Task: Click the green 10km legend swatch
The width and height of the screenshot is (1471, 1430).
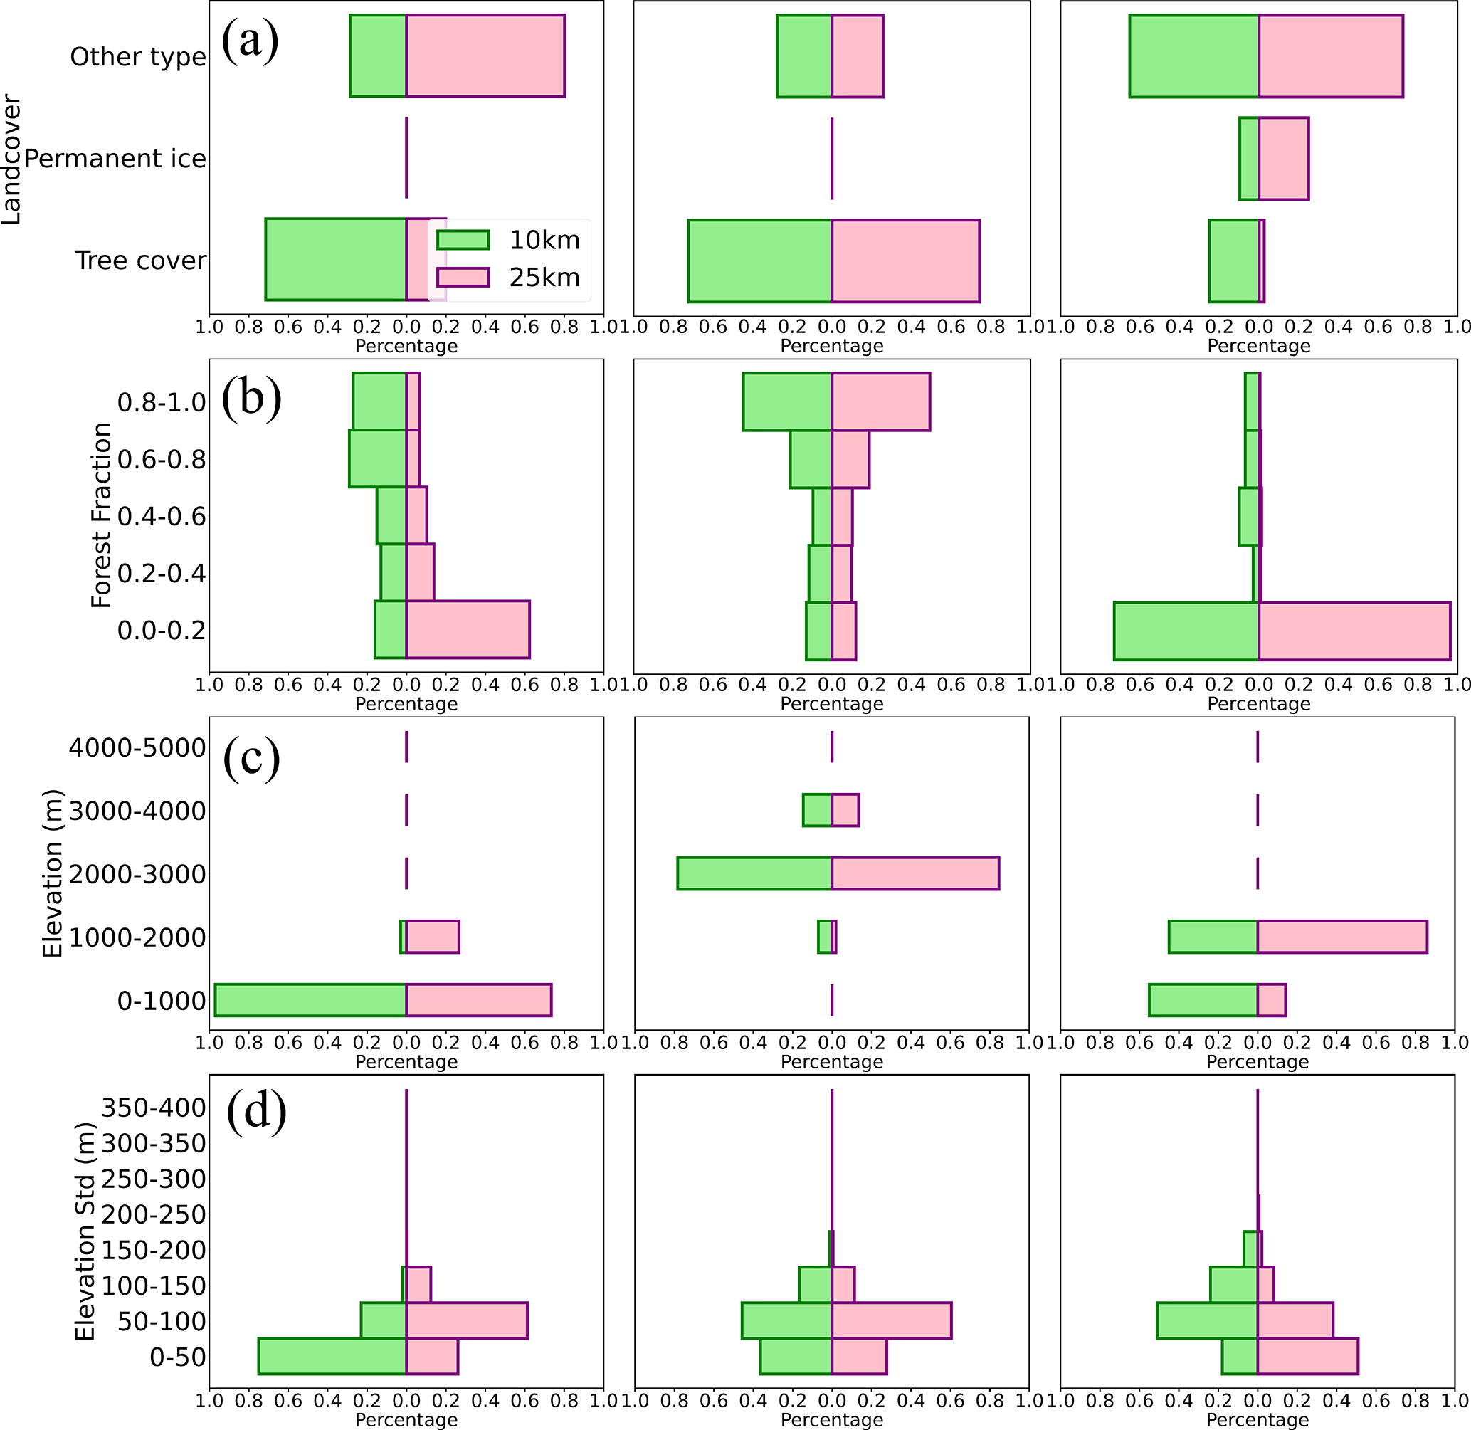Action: (463, 240)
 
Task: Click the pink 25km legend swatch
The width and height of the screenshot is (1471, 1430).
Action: (463, 277)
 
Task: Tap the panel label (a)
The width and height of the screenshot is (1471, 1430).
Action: (250, 41)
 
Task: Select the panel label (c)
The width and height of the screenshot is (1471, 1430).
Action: (251, 758)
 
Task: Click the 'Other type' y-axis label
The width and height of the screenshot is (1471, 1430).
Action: (137, 57)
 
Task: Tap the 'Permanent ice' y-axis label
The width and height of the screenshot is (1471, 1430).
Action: (115, 159)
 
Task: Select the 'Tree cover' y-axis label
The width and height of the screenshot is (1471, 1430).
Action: (139, 261)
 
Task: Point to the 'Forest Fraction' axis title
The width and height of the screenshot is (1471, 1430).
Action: (100, 515)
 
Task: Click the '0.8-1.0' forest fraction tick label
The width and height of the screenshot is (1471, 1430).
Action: (161, 403)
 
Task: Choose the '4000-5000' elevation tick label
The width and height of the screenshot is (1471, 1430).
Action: (137, 748)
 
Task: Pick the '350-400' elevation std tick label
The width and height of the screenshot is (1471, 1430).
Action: (153, 1107)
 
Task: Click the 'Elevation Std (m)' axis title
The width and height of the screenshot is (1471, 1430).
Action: (85, 1231)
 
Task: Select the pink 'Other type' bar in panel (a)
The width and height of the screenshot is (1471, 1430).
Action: (485, 56)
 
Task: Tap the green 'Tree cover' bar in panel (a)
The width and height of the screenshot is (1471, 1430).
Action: (336, 260)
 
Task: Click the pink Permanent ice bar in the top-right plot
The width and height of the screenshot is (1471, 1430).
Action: (1283, 159)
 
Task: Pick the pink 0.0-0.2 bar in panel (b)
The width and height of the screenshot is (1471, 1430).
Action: (468, 629)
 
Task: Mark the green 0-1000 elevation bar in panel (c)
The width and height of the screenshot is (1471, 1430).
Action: (310, 999)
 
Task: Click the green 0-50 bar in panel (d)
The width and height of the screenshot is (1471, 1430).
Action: (332, 1357)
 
